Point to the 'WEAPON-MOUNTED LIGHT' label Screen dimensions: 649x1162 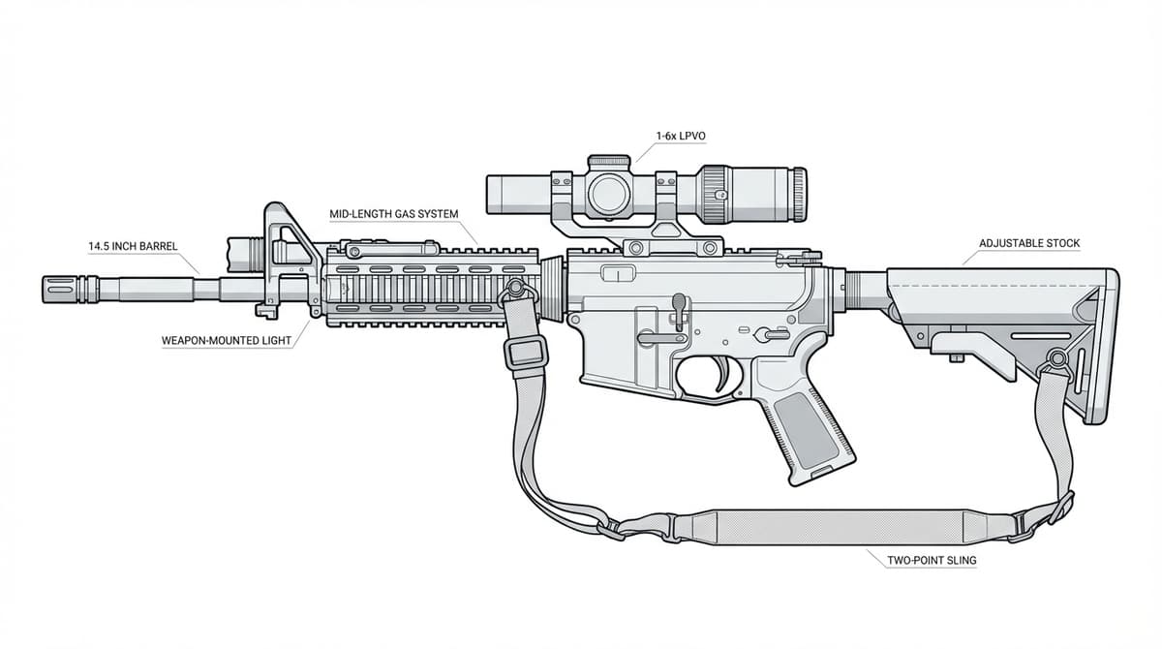pos(227,342)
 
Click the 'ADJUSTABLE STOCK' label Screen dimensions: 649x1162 pos(1029,243)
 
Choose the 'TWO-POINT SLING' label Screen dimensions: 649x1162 pos(932,560)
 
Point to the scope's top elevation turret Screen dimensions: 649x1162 pos(609,159)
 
